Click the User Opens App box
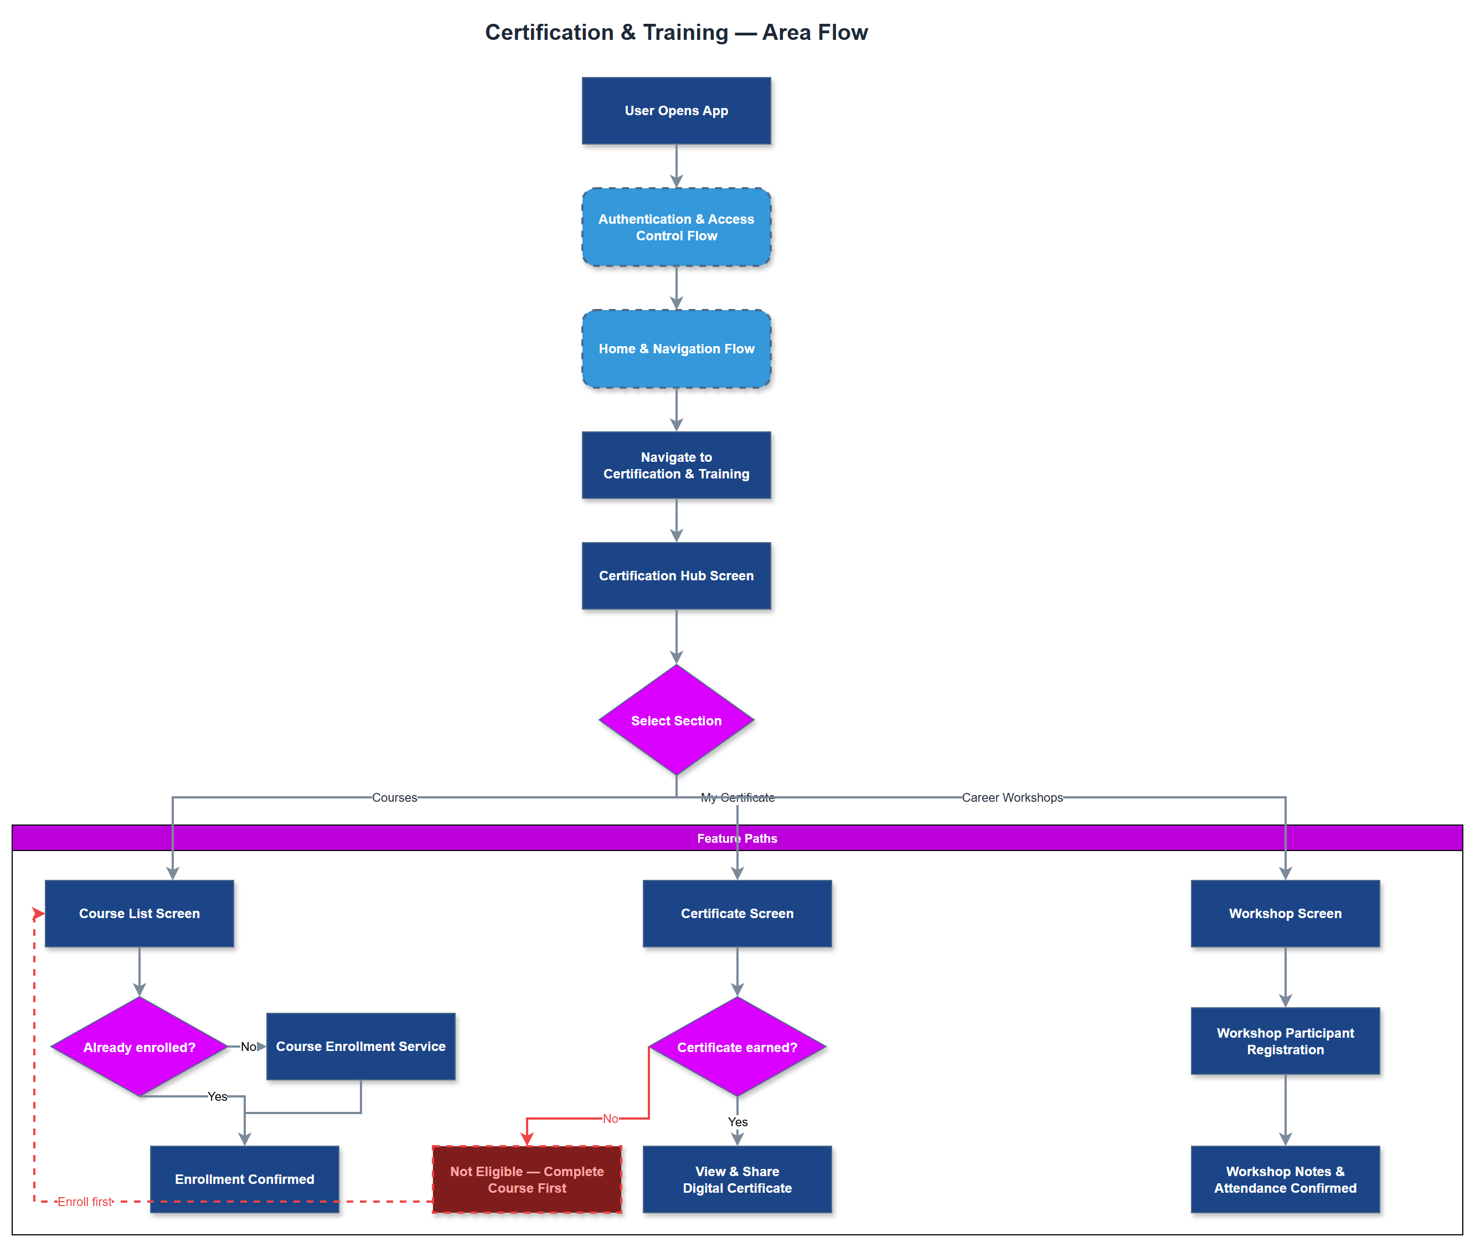coord(676,111)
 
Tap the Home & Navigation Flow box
coord(676,348)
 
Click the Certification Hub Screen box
coord(676,575)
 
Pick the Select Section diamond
coord(676,720)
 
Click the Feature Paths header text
coord(736,838)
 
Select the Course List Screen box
coord(140,913)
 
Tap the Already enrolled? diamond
coord(140,1047)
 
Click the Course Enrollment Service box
coord(360,1047)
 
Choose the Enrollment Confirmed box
coord(244,1179)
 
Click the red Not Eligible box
coord(527,1179)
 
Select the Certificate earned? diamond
coord(736,1047)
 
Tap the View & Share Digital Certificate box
coord(736,1179)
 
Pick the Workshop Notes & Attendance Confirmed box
coord(1285,1179)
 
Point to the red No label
coord(610,1118)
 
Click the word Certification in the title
coord(549,32)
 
